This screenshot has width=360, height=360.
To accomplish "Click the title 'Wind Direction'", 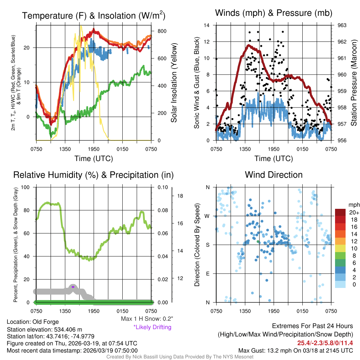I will (274, 175).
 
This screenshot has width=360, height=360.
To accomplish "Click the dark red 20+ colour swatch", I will (340, 212).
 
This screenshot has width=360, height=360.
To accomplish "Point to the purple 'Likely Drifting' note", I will (152, 327).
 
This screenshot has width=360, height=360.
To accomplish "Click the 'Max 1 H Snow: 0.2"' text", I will (147, 319).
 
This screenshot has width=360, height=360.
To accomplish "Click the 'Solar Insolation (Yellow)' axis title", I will (174, 83).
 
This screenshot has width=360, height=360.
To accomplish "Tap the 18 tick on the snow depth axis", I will (180, 196).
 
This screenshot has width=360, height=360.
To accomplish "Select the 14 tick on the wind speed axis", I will (207, 25).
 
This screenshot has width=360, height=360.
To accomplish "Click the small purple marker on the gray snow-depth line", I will (73, 287).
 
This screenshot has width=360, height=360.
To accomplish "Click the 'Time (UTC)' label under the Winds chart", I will (272, 159).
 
